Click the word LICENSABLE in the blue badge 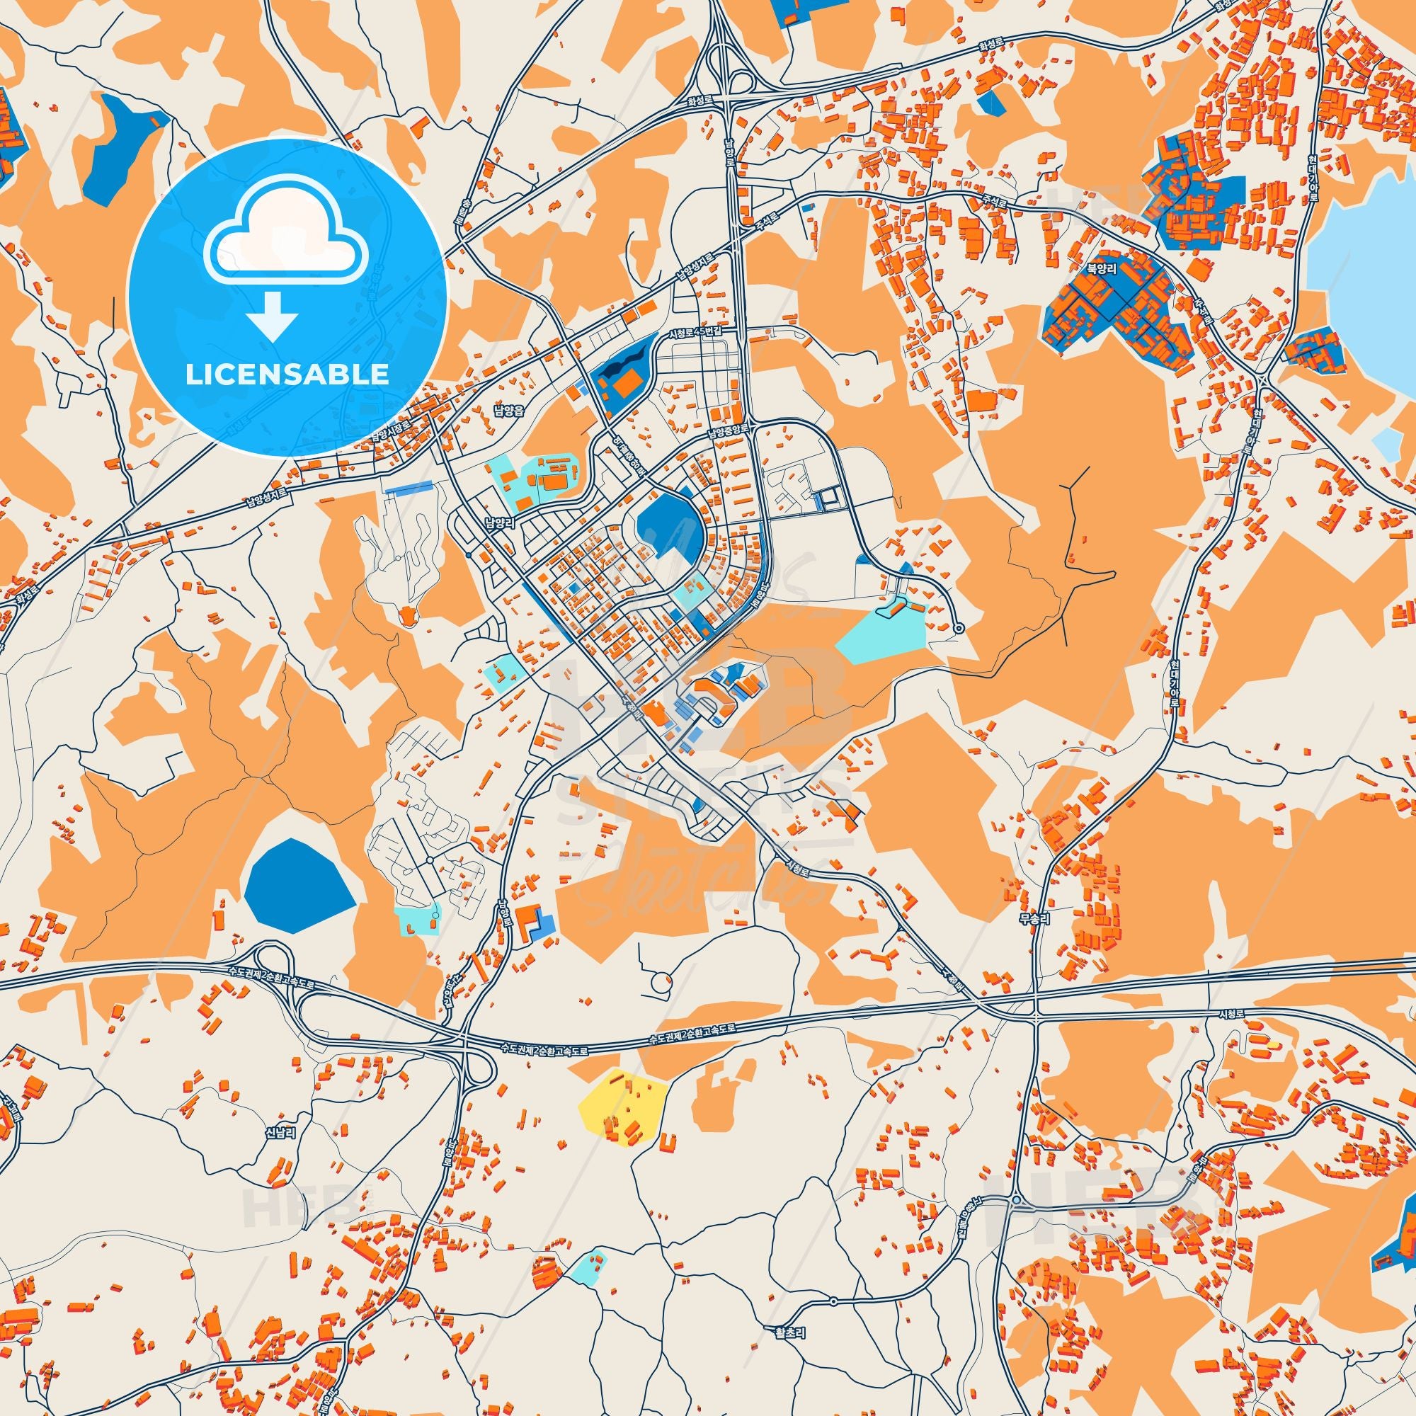(287, 375)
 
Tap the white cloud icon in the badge (287, 244)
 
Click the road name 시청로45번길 (695, 334)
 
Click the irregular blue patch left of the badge (118, 154)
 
